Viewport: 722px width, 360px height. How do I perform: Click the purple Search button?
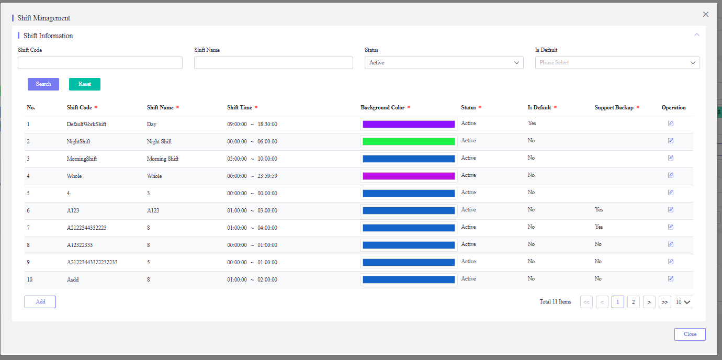pos(43,84)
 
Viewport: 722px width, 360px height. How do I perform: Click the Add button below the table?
pos(40,302)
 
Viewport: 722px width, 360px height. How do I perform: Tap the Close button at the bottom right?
pos(690,334)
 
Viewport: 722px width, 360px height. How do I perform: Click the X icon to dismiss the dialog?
pos(706,14)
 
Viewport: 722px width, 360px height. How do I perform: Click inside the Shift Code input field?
pos(100,63)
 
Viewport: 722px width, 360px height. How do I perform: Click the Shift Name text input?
pos(273,63)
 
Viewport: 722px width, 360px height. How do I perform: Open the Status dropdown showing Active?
pos(444,63)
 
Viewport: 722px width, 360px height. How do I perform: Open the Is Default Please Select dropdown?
pos(617,63)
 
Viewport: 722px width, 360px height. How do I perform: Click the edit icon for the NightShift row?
pos(670,141)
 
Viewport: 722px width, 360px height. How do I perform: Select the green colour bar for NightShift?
pos(409,141)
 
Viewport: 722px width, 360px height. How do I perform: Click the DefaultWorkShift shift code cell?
pos(86,124)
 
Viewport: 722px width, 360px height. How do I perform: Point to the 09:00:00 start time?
pos(237,124)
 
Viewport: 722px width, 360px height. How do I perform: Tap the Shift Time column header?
pos(240,108)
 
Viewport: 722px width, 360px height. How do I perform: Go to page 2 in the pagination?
pos(634,302)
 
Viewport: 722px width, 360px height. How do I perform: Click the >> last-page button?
pos(664,302)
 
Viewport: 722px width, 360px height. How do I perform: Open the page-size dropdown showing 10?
pos(683,302)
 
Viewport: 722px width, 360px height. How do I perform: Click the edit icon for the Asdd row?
pos(670,279)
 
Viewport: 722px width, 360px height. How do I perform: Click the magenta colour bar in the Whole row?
pos(409,176)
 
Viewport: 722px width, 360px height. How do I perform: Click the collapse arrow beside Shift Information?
pos(696,35)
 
